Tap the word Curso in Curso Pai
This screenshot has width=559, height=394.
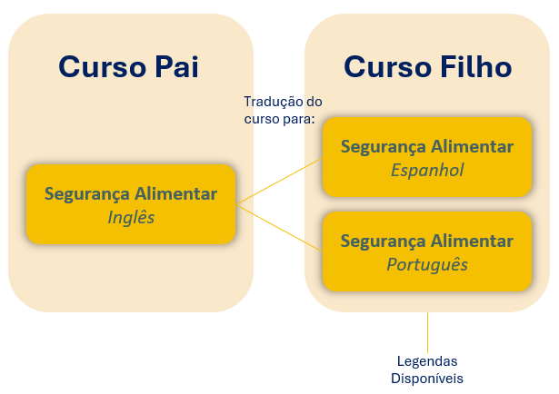click(x=99, y=66)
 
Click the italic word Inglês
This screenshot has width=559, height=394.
click(x=131, y=217)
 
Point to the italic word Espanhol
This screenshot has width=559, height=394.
click(x=427, y=170)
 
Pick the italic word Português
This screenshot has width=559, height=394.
click(x=427, y=264)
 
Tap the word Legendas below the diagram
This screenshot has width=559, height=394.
click(x=427, y=360)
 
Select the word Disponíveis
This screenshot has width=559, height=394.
click(x=427, y=378)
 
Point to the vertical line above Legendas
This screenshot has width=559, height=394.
click(x=427, y=330)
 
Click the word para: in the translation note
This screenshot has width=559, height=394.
click(x=297, y=119)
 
